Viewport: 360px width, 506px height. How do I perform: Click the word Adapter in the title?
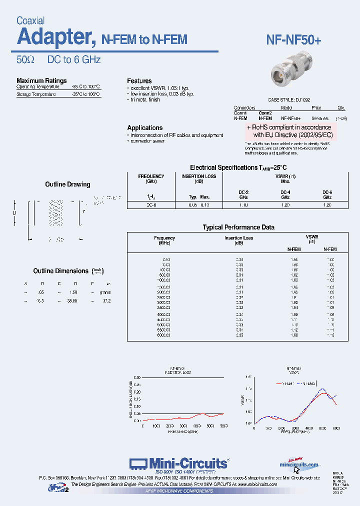point(53,37)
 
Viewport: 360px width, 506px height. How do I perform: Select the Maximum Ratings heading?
point(41,80)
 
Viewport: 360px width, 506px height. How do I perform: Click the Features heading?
point(139,81)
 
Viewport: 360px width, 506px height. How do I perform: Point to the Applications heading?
point(145,128)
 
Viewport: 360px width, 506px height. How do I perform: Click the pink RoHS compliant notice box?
point(290,131)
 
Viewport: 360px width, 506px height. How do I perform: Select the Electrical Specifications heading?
point(238,167)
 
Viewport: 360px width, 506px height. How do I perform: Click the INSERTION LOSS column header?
point(198,176)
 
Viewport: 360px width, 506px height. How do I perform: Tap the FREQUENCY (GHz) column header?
point(151,179)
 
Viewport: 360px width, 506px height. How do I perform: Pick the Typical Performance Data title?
point(238,227)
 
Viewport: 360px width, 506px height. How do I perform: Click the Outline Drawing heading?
point(67,184)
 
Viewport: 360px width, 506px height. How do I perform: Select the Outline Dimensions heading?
point(61,271)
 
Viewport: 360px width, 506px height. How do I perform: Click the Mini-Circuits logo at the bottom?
point(178,463)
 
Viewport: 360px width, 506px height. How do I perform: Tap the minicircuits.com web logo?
point(298,464)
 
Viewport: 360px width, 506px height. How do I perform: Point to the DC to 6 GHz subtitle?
point(74,60)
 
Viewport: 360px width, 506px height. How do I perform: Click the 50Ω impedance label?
point(25,60)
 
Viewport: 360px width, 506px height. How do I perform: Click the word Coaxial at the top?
point(30,21)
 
